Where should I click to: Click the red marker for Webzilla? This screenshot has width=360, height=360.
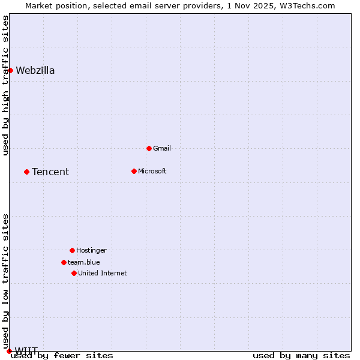(10, 70)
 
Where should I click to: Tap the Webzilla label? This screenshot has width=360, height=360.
(35, 71)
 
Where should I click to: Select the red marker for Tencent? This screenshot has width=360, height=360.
(26, 172)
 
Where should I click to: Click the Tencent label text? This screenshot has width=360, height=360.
(50, 172)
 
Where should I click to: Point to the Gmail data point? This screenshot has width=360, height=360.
(149, 148)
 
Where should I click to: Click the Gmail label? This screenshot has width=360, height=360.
(162, 148)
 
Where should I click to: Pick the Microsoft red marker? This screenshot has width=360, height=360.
(134, 171)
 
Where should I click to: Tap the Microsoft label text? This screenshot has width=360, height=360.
(152, 171)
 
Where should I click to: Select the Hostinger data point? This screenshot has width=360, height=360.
(72, 250)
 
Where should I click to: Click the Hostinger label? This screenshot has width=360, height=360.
(91, 250)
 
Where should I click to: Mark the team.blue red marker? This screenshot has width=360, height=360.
(64, 262)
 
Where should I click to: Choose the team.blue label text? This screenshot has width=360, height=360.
(84, 262)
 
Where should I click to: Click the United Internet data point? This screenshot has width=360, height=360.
(74, 273)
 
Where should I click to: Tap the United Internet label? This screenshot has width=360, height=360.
(103, 273)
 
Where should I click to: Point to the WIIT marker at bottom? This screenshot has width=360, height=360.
(9, 351)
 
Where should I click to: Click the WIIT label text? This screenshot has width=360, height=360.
(26, 350)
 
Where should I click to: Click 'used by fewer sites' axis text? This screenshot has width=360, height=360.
(62, 356)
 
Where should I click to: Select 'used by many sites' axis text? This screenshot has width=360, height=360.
(301, 356)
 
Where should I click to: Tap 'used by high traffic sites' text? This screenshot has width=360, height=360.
(6, 85)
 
